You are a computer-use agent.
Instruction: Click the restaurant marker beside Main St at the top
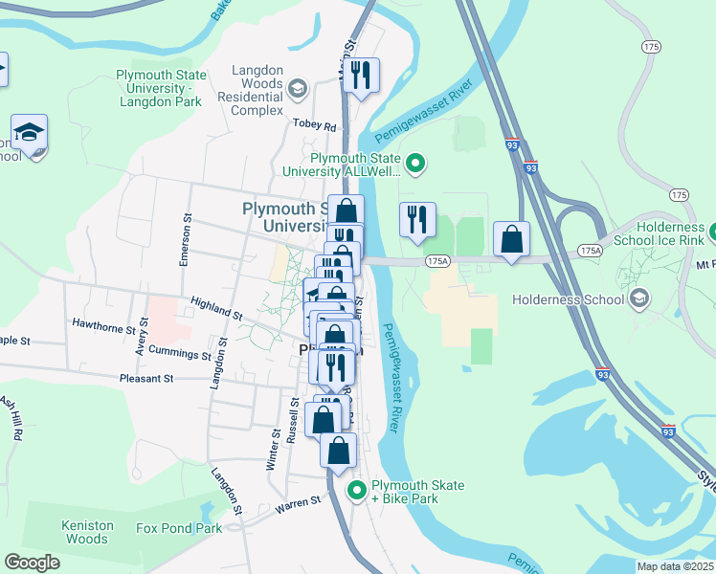[x=361, y=76]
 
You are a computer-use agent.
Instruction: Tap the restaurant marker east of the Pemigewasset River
[x=417, y=220]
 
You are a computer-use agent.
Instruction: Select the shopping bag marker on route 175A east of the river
[x=512, y=239]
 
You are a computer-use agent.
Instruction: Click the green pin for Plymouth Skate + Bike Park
[x=357, y=492]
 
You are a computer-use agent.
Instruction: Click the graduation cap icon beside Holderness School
[x=638, y=299]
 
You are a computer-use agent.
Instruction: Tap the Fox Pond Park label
[x=178, y=528]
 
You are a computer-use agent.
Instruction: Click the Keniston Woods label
[x=87, y=532]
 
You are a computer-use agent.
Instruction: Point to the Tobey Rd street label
[x=316, y=126]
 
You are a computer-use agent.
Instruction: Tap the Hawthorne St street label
[x=104, y=327]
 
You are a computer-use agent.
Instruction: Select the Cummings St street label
[x=180, y=355]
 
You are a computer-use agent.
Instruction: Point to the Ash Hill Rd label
[x=11, y=418]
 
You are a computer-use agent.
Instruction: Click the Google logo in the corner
[x=32, y=562]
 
